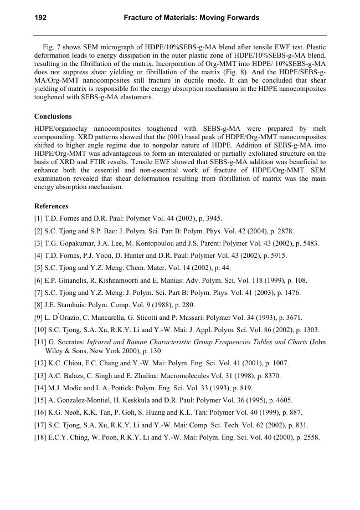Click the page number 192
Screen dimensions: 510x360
40,18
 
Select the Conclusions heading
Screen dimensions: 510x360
53,116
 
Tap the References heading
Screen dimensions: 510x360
51,206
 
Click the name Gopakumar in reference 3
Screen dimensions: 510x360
71,243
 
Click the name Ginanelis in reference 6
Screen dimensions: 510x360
71,280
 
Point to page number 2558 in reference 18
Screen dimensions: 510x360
312,437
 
